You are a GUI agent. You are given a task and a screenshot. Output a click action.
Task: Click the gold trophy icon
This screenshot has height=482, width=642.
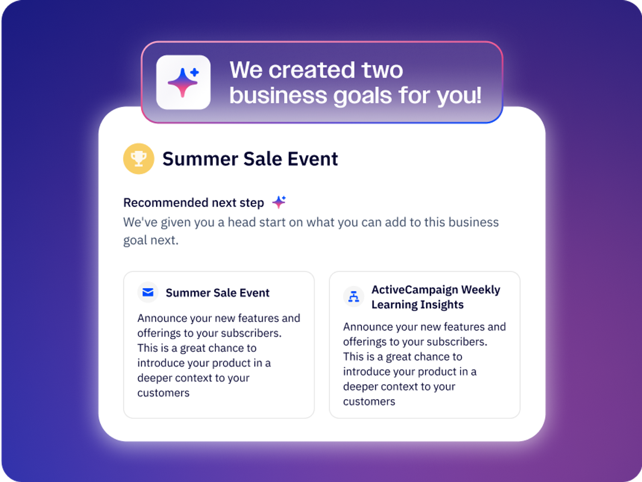point(139,159)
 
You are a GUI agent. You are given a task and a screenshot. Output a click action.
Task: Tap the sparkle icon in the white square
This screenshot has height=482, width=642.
point(183,82)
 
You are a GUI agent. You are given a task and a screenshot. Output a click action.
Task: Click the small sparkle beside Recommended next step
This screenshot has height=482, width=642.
point(279,202)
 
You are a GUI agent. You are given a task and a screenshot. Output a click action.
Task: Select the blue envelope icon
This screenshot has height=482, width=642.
point(148,292)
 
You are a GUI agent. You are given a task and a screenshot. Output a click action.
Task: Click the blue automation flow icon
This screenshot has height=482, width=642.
point(354,296)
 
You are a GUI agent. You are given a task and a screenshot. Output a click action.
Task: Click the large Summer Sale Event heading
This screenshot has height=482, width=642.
point(250,159)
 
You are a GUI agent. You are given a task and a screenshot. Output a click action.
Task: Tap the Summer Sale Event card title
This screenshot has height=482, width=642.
point(217,293)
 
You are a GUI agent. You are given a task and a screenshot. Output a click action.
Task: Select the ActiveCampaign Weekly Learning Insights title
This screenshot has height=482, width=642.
point(436,297)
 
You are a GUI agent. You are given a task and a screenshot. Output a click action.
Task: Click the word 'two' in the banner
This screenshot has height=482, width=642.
point(382,70)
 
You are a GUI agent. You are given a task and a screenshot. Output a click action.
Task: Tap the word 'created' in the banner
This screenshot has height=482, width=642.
point(312,70)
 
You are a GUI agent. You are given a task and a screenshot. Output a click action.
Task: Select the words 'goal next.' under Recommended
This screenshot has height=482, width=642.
point(150,240)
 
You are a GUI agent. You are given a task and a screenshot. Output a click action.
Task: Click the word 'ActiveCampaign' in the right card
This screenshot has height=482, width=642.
point(414,290)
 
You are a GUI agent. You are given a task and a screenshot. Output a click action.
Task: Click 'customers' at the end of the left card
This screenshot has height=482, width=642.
point(163,393)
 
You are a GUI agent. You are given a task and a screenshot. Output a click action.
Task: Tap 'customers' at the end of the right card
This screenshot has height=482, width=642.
point(369,402)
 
